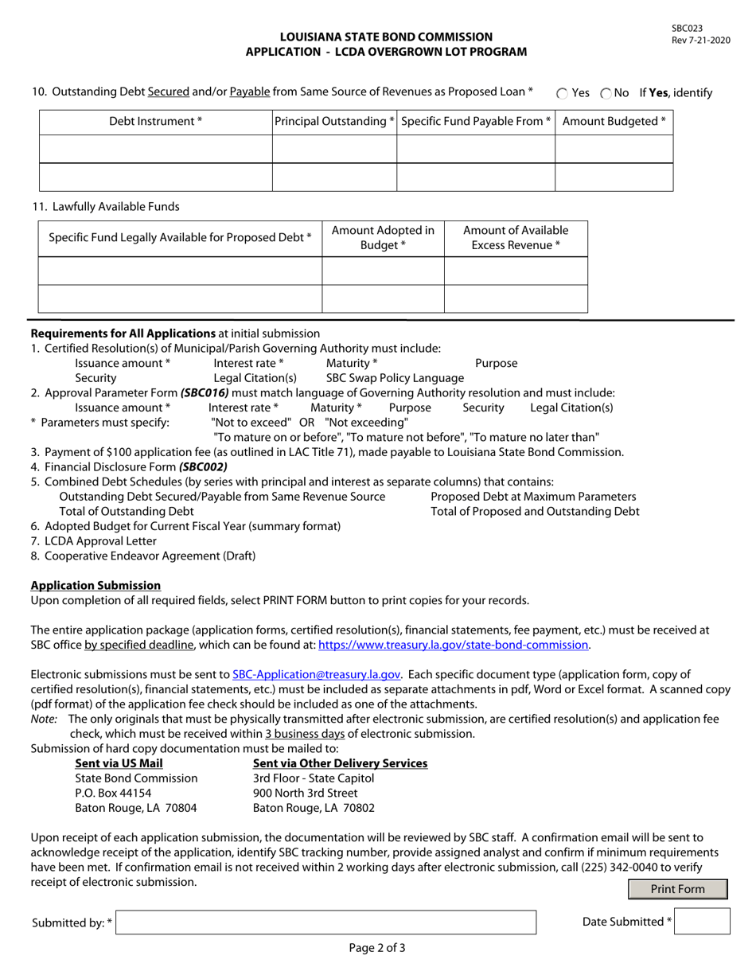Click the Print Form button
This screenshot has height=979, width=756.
point(677,889)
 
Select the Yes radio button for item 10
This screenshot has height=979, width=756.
point(563,93)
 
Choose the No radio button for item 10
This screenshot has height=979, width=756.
point(606,93)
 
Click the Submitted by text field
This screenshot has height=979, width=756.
point(326,922)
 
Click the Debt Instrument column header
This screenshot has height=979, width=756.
point(156,122)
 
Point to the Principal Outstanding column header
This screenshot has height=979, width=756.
point(335,122)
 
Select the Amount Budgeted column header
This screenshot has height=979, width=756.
point(614,122)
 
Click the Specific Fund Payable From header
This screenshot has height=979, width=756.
point(476,122)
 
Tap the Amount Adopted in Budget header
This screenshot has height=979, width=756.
point(383,238)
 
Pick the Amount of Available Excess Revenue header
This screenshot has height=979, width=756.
point(516,238)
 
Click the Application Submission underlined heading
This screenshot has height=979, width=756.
point(95,585)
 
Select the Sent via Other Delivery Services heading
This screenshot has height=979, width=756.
point(340,763)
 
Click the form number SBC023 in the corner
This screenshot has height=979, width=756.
point(687,28)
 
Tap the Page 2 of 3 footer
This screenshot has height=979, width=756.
point(377,948)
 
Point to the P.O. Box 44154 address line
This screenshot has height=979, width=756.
point(113,793)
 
